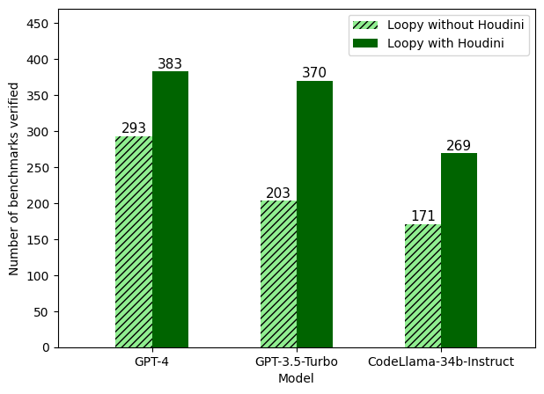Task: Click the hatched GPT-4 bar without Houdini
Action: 134,242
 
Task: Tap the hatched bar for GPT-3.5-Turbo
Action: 278,274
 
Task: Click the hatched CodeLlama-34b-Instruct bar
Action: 423,286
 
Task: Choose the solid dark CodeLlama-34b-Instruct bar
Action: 459,251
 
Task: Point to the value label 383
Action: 170,64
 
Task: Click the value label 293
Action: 134,128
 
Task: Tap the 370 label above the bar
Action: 314,73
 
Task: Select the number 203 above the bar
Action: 278,193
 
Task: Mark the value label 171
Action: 423,216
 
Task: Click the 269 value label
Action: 459,146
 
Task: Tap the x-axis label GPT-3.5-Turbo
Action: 297,361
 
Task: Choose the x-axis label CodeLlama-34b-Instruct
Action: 441,361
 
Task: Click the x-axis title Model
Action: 296,378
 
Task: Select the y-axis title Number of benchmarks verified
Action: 14,179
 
